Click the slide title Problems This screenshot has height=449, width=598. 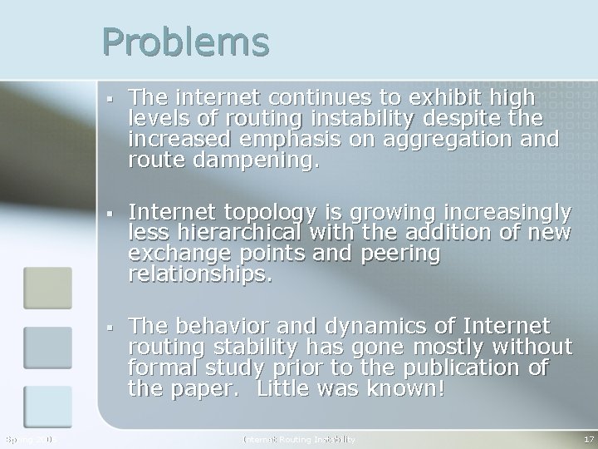(186, 42)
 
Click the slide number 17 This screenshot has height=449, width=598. (588, 438)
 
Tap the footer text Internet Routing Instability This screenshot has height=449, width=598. (299, 438)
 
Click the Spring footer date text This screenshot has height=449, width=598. (28, 438)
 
